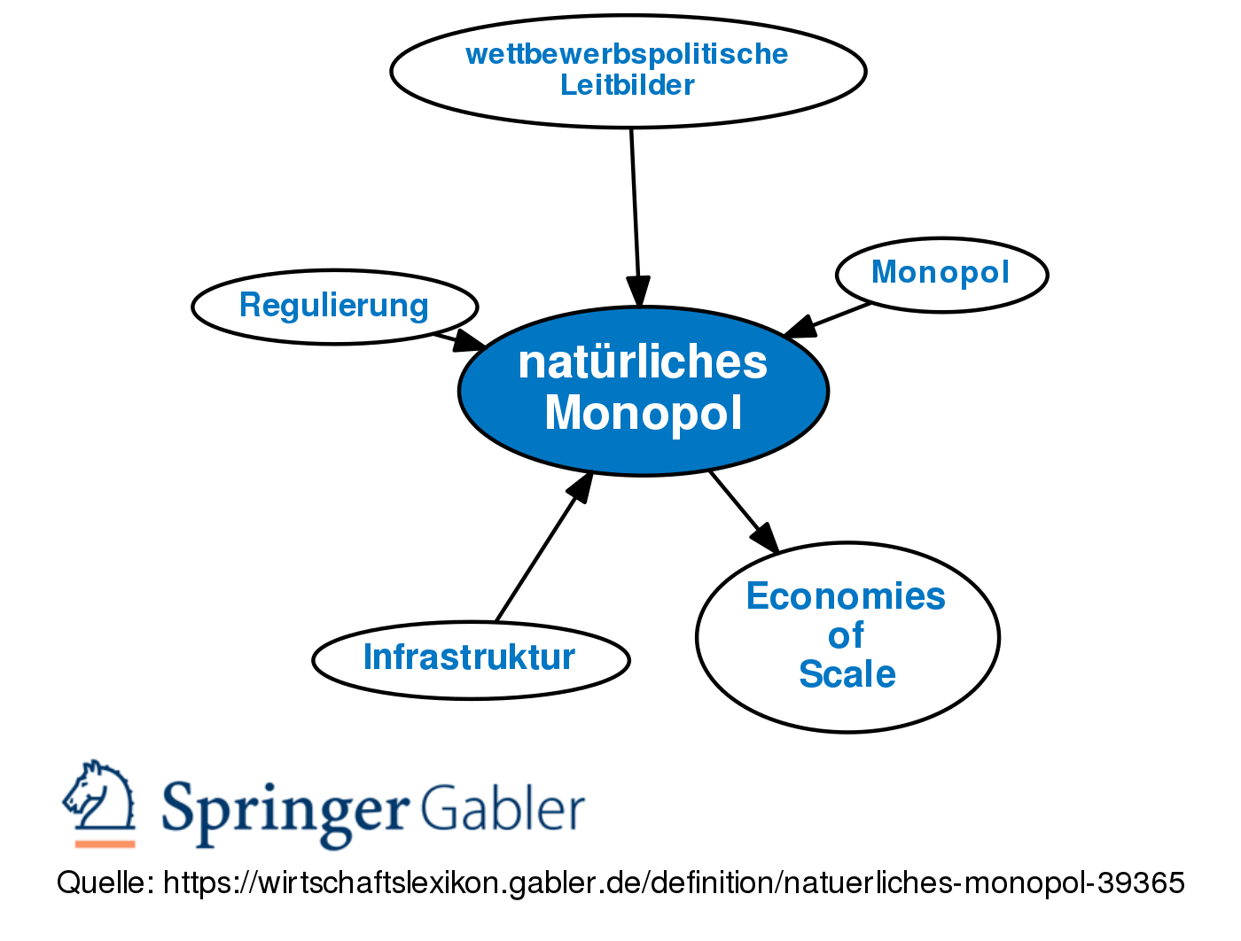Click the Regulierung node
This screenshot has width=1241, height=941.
click(334, 307)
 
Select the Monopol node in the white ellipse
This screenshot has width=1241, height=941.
click(941, 274)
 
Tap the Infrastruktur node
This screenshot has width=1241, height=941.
click(470, 658)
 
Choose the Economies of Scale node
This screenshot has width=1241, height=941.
click(847, 636)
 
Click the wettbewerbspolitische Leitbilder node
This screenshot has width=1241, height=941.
click(628, 70)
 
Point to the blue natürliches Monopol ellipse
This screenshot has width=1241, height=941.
click(644, 390)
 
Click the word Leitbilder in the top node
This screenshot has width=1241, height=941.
click(628, 86)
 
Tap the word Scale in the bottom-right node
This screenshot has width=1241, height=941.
click(847, 674)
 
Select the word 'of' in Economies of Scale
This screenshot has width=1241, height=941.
click(847, 635)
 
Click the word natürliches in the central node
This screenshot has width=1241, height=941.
click(644, 363)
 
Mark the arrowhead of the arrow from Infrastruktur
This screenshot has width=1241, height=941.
click(581, 486)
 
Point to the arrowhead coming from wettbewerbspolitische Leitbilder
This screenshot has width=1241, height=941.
click(638, 292)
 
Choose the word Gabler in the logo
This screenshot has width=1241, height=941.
click(502, 808)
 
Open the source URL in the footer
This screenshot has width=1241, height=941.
click(674, 883)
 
